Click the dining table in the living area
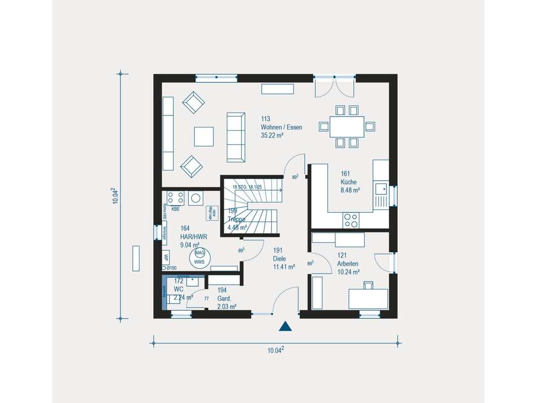tap(347, 126)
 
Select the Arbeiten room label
tap(348, 263)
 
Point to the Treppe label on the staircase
tap(236, 219)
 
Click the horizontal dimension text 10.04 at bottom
tap(275, 350)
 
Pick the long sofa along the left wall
tap(168, 133)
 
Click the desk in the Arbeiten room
tap(368, 298)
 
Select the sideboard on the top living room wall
tap(278, 89)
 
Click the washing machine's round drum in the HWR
tap(196, 198)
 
